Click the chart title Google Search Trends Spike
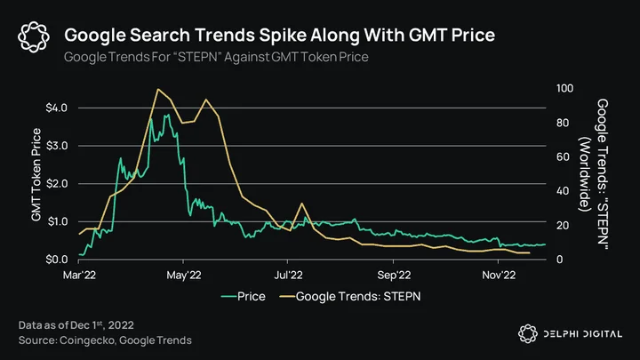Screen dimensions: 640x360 click(x=280, y=35)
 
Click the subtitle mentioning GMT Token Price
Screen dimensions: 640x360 click(x=216, y=57)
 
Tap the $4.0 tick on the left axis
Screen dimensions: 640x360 click(x=56, y=108)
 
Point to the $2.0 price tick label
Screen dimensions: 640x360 click(x=56, y=184)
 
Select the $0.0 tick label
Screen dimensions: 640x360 click(x=56, y=260)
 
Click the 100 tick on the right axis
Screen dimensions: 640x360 click(x=565, y=88)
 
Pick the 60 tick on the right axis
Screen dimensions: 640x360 click(x=563, y=156)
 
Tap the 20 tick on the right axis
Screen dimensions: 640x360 click(x=563, y=225)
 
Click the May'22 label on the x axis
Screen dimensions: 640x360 click(x=184, y=275)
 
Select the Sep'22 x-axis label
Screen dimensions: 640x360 click(x=394, y=275)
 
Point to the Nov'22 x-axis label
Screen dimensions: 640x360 click(x=499, y=275)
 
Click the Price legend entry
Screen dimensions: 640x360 click(x=244, y=296)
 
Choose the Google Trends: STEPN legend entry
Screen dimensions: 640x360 click(x=350, y=296)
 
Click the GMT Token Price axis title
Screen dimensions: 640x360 click(x=36, y=175)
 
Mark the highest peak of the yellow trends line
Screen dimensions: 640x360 click(x=158, y=89)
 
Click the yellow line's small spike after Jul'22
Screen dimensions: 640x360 click(x=302, y=204)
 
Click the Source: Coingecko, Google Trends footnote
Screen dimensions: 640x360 click(x=105, y=340)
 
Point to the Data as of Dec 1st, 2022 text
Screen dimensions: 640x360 click(x=76, y=325)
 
